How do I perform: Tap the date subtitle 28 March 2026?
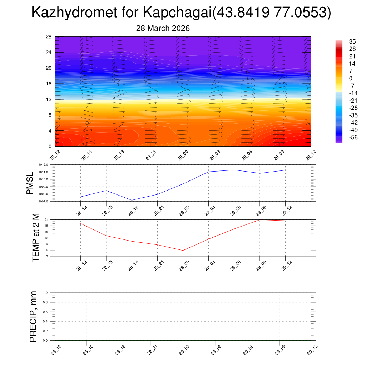(x=163, y=28)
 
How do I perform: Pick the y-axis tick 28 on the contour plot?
(x=49, y=37)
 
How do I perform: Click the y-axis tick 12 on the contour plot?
(x=49, y=99)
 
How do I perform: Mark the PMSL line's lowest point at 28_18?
(x=132, y=200)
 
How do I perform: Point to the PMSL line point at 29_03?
(x=209, y=172)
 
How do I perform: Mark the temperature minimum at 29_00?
(x=183, y=251)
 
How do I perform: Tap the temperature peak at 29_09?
(x=260, y=219)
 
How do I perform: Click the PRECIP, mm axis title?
(x=33, y=316)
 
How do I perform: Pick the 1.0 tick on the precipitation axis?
(x=50, y=293)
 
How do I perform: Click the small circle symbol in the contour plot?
(x=87, y=123)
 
